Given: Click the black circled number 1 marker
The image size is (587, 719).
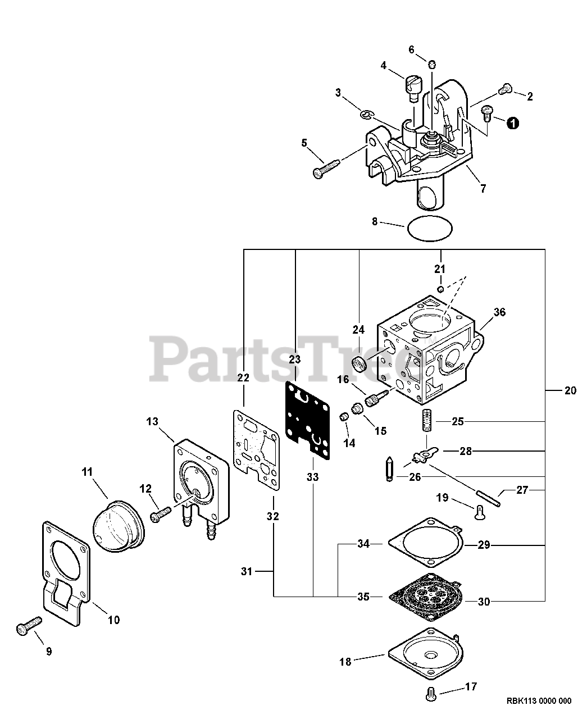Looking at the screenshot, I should [x=513, y=123].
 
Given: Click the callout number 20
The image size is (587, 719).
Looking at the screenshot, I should [x=570, y=390].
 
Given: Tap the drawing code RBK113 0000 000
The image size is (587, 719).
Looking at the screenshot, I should [x=538, y=700].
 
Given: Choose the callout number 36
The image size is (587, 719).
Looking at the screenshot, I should [x=499, y=312].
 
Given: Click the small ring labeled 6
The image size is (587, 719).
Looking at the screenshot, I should [x=432, y=65].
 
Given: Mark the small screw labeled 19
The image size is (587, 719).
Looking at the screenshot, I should [x=479, y=511].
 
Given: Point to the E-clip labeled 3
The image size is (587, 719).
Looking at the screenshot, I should [x=366, y=115].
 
